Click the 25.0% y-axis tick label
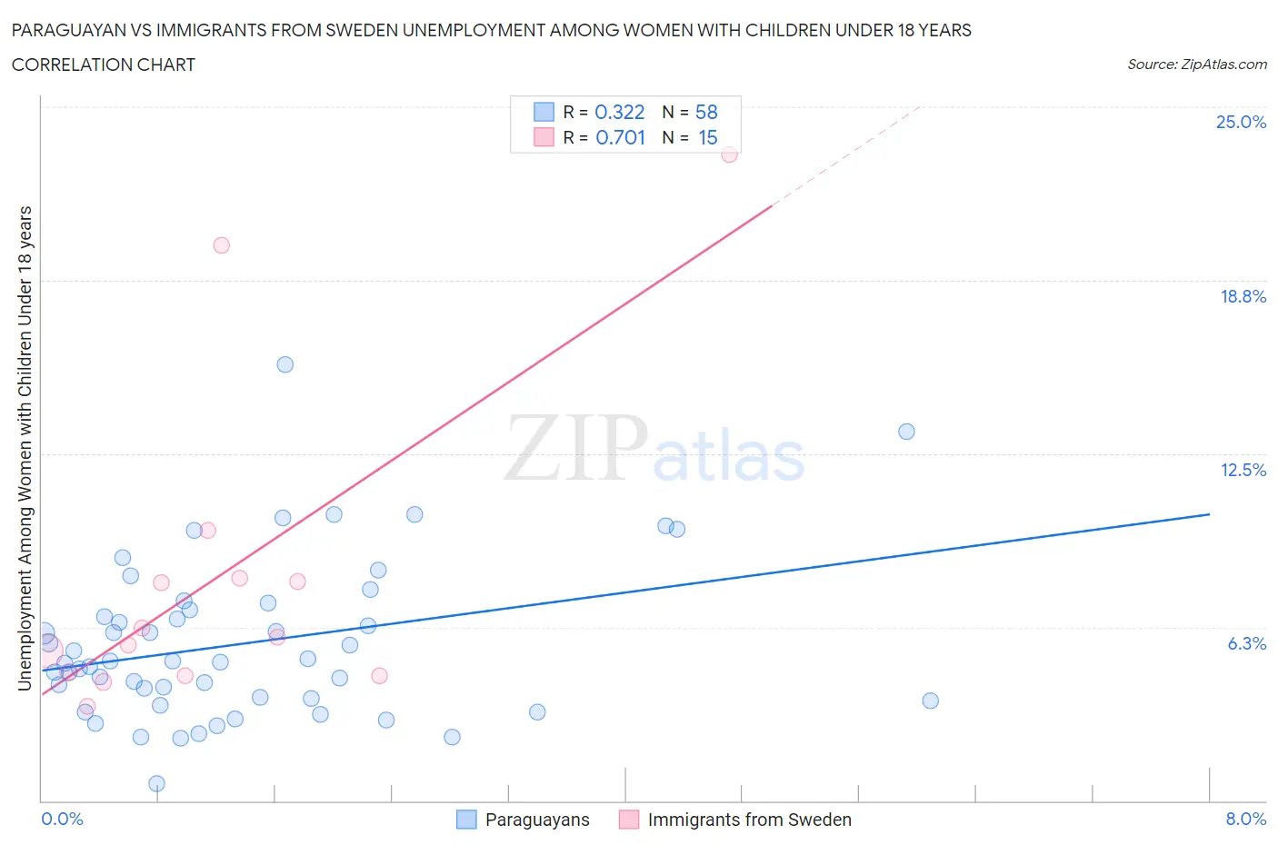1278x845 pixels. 1241,122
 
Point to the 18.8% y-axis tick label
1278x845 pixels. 1243,296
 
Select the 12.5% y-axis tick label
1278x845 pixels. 1243,470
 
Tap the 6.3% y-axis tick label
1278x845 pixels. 1246,643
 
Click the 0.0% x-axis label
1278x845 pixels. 62,819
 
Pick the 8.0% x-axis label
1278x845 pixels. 1245,819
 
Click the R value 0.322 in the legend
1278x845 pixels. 619,112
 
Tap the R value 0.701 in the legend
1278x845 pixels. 620,137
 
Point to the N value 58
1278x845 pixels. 706,112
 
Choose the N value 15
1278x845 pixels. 707,137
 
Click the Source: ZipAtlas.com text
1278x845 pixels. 1196,65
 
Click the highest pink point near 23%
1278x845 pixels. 729,154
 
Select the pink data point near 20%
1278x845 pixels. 221,245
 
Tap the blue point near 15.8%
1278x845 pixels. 285,364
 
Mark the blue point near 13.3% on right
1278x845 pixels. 906,432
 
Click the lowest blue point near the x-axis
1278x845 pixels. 156,783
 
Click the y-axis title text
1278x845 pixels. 25,448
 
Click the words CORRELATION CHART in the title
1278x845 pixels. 104,65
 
